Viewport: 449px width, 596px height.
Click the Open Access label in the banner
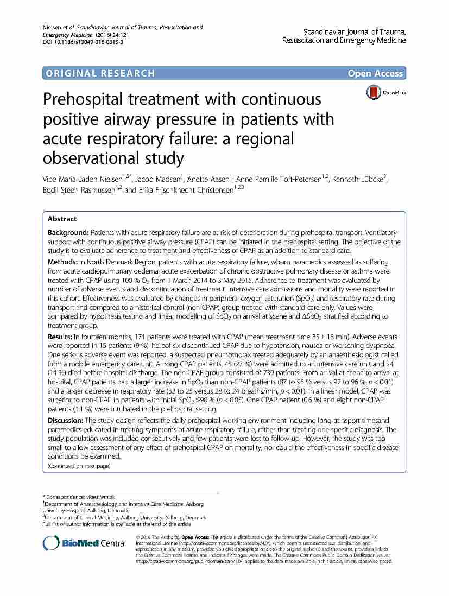[376, 73]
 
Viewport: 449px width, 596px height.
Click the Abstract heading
[62, 219]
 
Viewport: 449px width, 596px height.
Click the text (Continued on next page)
[79, 466]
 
